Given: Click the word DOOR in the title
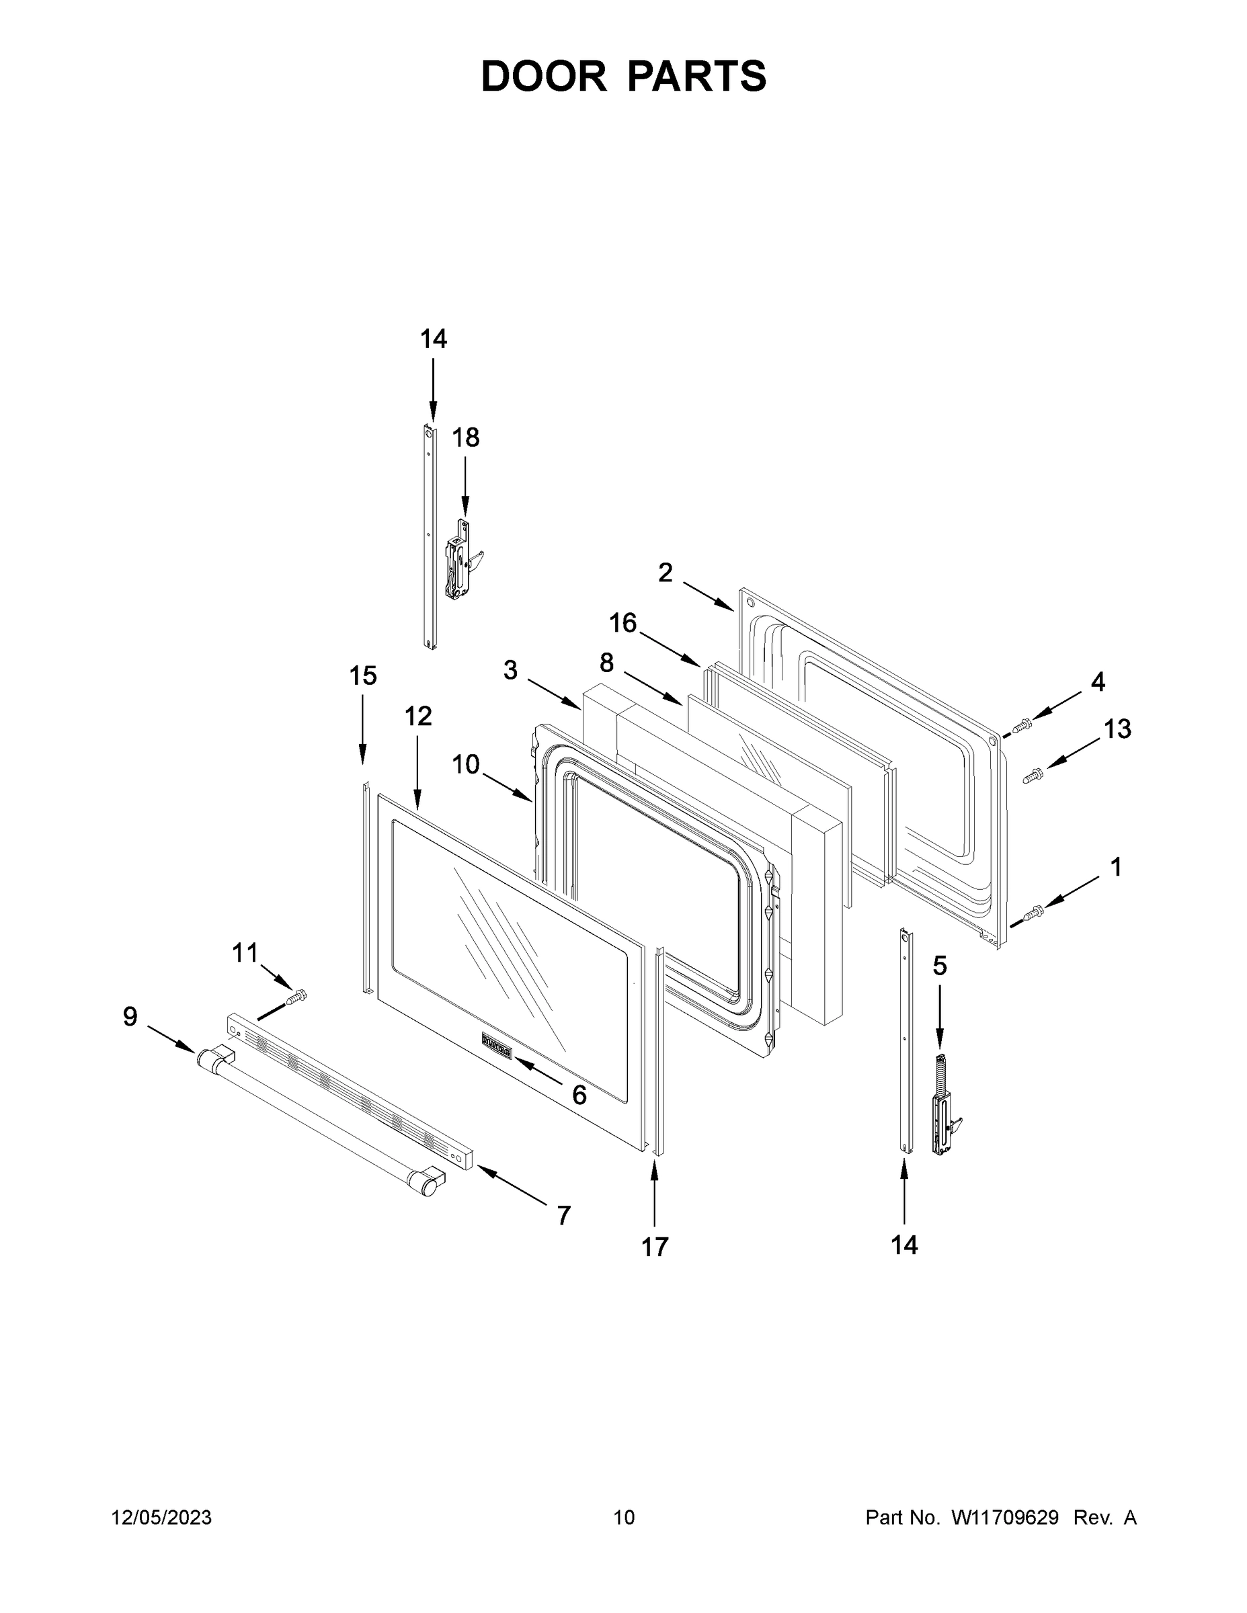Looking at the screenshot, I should coord(543,76).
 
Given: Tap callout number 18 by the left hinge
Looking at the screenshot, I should coord(465,438).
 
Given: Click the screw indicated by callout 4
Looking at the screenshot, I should coord(1022,725).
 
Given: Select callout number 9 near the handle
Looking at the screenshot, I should coord(130,1017).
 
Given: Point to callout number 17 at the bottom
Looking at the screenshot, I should coord(655,1247).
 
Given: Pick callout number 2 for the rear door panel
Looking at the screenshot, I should coord(666,573).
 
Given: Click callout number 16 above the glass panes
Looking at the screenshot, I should coord(622,623).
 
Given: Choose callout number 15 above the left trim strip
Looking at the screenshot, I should coord(363,675).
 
